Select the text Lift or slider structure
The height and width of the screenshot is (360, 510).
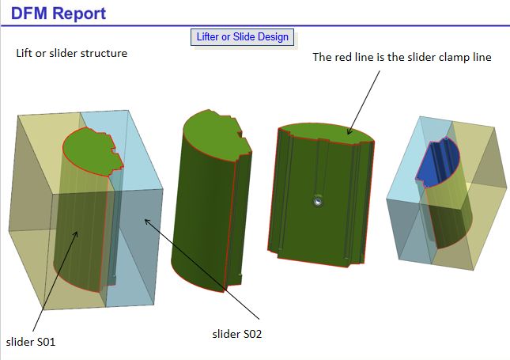tap(72, 54)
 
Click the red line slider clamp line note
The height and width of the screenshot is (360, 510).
tap(402, 57)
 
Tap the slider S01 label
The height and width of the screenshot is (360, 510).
tap(31, 342)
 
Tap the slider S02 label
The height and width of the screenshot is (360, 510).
tap(237, 334)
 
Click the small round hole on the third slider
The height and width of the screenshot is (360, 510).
tap(316, 201)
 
